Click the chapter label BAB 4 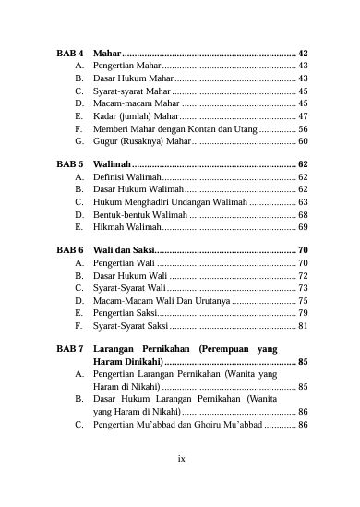click(x=70, y=54)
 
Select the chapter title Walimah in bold click(x=112, y=163)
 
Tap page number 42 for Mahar click(x=303, y=54)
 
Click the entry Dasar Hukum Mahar click(x=134, y=78)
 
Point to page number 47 click(x=303, y=117)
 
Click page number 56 click(x=303, y=129)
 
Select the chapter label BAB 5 click(x=70, y=163)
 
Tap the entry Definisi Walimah click(x=127, y=175)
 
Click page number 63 click(x=303, y=200)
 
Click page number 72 click(x=303, y=275)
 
